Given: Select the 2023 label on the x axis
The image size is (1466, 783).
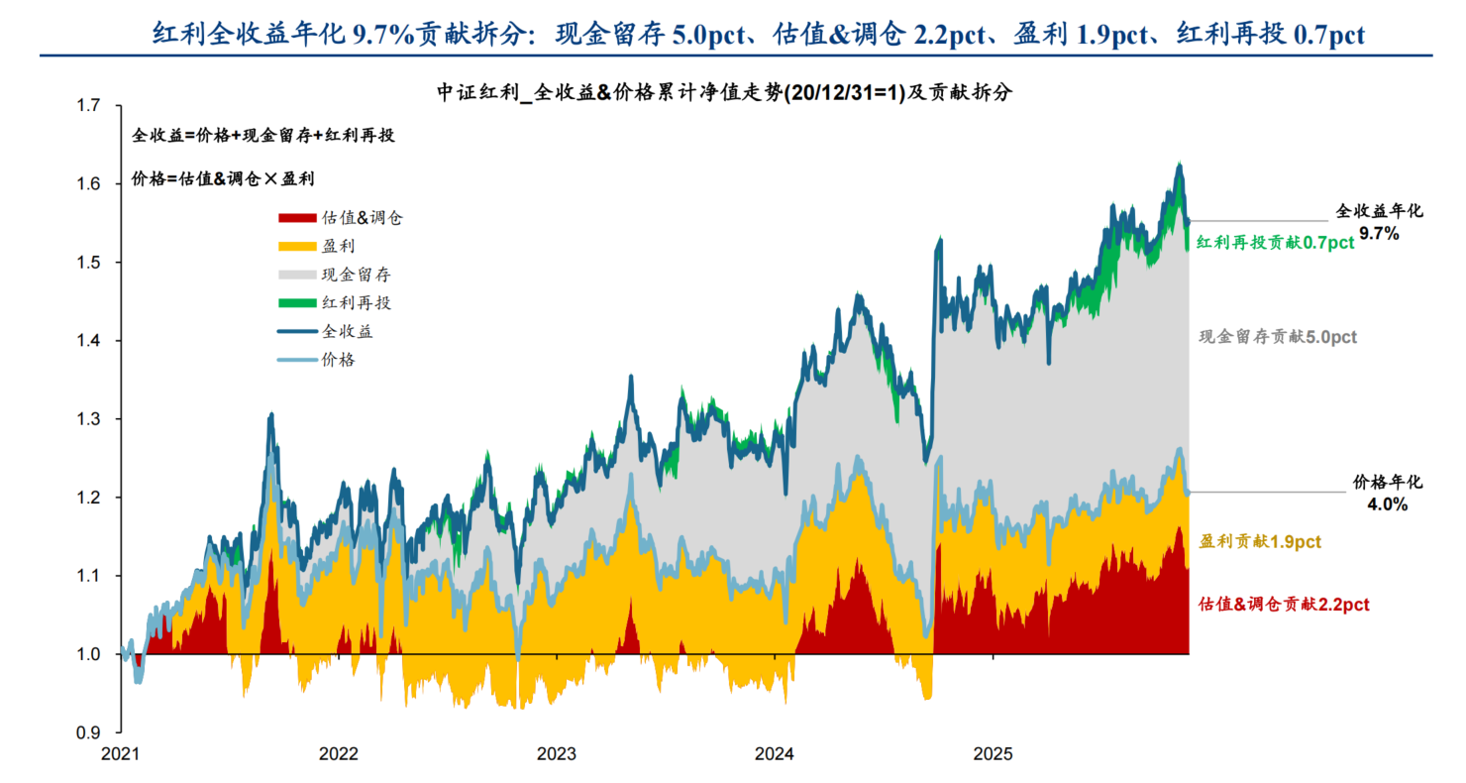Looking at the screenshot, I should pos(557,754).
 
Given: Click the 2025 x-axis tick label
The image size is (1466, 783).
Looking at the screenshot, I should pos(993,754).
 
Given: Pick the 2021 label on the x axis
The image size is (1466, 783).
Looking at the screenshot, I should pos(121,754).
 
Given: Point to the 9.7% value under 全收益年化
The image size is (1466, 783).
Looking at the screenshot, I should pos(1379,234).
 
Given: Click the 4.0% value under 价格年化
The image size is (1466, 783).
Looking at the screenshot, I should pos(1387,504).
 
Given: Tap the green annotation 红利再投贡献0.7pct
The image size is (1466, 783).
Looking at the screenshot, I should pos(1274,243).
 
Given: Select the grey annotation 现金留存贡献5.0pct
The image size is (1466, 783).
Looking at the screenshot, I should pos(1278,337).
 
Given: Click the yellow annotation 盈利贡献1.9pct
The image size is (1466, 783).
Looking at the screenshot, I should pos(1260,542).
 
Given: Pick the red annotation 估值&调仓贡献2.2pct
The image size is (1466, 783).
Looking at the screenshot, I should pos(1284,605).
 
